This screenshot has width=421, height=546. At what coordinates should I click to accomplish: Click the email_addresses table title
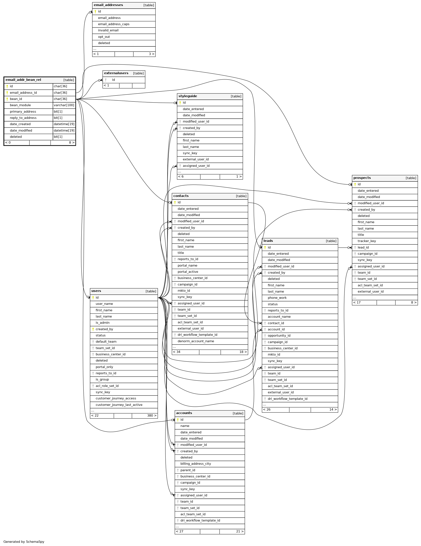point(108,5)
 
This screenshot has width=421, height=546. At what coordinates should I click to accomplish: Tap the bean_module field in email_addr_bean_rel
point(20,105)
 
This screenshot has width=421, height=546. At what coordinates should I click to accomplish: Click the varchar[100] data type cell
point(64,105)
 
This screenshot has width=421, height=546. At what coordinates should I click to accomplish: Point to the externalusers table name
point(116,73)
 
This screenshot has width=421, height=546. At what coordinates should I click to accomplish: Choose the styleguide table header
point(188,96)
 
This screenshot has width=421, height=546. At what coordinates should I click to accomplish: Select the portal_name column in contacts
point(187,265)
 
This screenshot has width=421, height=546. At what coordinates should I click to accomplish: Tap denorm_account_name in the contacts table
point(196,341)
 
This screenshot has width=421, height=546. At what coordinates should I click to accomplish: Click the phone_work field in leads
point(277,298)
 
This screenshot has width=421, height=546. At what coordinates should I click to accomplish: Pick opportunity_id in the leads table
point(279,336)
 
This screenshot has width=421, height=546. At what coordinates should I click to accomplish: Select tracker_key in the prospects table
point(367,241)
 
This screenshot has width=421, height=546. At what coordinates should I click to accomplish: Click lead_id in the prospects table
point(363,247)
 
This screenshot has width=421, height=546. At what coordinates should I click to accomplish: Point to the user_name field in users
point(104,304)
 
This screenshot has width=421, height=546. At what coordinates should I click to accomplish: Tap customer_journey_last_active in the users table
point(119,405)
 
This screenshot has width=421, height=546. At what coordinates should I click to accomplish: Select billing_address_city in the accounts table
point(196,464)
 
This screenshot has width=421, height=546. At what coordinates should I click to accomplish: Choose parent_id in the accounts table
point(188,470)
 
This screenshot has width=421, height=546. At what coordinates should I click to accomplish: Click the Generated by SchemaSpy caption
point(24,542)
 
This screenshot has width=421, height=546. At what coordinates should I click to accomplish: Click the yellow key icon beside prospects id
point(355,184)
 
